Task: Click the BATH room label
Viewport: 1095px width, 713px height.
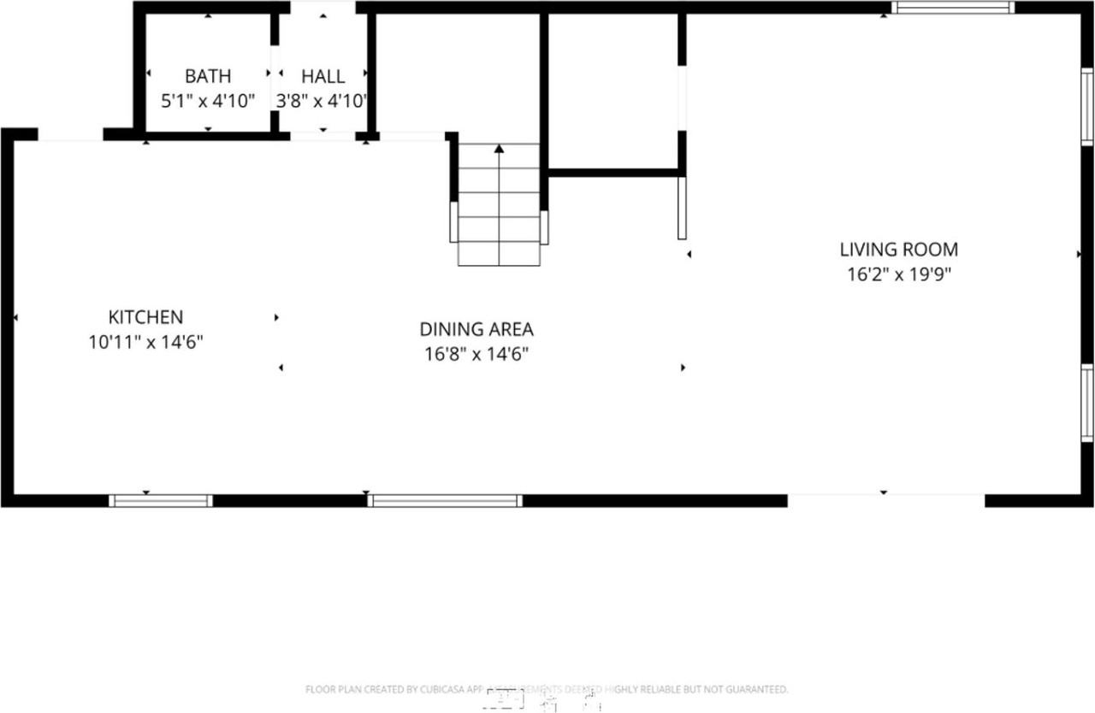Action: pos(208,76)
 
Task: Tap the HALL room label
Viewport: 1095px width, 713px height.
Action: pos(323,76)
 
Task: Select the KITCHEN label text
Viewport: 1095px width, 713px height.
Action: pos(145,317)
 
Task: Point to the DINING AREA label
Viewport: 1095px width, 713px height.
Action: pos(476,329)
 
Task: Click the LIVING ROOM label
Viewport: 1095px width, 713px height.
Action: pos(898,250)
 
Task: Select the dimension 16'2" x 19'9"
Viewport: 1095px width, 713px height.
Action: pos(898,275)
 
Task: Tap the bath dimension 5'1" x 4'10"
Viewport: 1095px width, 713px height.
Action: pos(208,101)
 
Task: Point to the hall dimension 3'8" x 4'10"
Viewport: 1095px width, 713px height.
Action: pos(323,101)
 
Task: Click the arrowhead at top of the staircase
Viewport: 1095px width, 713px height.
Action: pos(499,149)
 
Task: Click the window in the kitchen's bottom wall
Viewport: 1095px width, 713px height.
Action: pos(161,501)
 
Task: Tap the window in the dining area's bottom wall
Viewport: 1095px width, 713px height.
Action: pos(445,501)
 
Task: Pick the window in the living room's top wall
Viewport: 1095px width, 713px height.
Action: pos(952,8)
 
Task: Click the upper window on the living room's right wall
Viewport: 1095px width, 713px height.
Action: pos(1087,107)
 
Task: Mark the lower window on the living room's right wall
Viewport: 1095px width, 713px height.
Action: pos(1087,404)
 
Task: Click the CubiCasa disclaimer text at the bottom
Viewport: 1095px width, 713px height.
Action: pos(547,689)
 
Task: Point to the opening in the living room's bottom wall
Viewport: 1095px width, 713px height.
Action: pos(885,501)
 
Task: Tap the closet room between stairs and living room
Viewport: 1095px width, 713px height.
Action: pos(613,90)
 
